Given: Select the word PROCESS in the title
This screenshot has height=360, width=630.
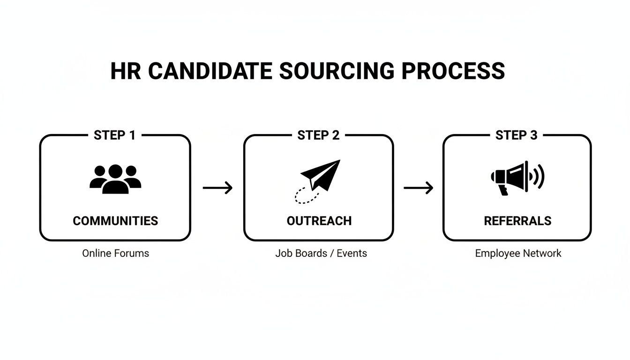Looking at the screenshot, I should [x=453, y=71].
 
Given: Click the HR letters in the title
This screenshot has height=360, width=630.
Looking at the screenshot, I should [x=126, y=71].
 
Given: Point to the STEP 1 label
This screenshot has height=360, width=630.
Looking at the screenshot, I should [x=115, y=135].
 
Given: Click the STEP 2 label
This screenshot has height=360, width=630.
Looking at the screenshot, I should [x=318, y=135].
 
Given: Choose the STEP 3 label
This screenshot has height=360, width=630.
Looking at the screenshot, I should [x=517, y=135].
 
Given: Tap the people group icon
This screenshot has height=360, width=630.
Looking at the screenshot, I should [x=115, y=179].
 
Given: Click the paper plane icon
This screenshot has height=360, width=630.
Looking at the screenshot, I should [x=322, y=174].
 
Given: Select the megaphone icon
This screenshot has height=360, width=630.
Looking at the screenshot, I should [x=511, y=177].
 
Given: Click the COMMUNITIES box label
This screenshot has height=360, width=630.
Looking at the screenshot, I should [x=115, y=221].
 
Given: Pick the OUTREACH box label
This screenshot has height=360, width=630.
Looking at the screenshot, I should [x=319, y=221].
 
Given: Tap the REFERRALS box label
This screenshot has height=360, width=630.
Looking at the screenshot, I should [x=517, y=221].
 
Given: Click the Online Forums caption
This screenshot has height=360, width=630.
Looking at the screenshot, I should [x=115, y=254].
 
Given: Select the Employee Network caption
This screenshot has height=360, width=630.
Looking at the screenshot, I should [x=518, y=254].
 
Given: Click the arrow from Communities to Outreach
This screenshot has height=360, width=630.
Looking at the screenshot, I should [x=217, y=188].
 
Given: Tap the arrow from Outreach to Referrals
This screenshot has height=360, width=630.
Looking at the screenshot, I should [x=418, y=188].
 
